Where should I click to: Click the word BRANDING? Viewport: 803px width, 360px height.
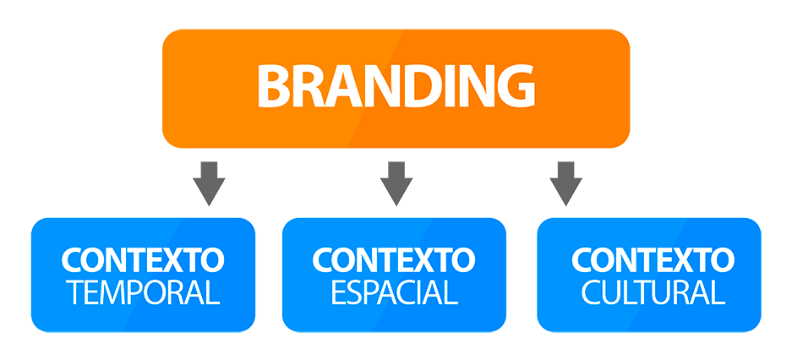(x=396, y=86)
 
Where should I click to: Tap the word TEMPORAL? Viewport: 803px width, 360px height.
(x=143, y=292)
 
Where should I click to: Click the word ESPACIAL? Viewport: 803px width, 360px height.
(x=394, y=292)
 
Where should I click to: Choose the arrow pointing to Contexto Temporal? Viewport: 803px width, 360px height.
(x=209, y=183)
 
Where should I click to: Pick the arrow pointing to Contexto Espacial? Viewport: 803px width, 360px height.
(x=396, y=183)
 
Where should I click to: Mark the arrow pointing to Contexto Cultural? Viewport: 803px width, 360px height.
(x=565, y=183)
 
